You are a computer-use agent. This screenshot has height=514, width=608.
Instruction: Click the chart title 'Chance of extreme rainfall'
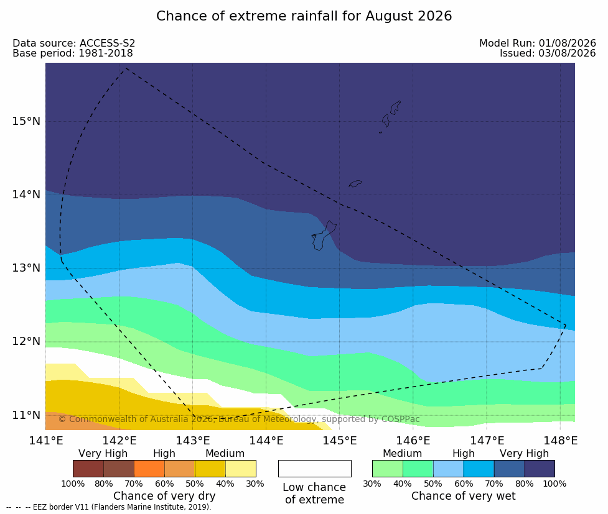pyautogui.click(x=259, y=16)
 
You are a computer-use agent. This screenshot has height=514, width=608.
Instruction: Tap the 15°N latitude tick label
pyautogui.click(x=26, y=121)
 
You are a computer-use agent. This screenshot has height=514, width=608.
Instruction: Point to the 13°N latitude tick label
pyautogui.click(x=26, y=268)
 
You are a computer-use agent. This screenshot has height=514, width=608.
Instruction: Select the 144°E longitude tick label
pyautogui.click(x=266, y=441)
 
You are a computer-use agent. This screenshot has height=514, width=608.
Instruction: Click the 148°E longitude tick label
pyautogui.click(x=560, y=441)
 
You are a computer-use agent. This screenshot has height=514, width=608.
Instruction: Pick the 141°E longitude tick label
pyautogui.click(x=46, y=441)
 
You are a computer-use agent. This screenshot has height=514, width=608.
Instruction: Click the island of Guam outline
pyautogui.click(x=324, y=236)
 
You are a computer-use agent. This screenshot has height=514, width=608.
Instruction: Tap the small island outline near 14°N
pyautogui.click(x=355, y=183)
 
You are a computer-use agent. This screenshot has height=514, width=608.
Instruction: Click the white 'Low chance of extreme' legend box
pyautogui.click(x=315, y=469)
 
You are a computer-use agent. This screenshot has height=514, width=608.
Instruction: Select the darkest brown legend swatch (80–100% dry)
pyautogui.click(x=88, y=469)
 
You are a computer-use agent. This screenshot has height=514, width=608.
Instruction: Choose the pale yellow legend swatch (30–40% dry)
pyautogui.click(x=240, y=469)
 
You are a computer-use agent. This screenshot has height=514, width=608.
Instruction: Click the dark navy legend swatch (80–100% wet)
pyautogui.click(x=540, y=469)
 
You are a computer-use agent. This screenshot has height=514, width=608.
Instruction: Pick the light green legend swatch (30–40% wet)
pyautogui.click(x=388, y=469)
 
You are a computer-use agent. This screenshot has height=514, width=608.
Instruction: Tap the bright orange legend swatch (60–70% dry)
pyautogui.click(x=149, y=469)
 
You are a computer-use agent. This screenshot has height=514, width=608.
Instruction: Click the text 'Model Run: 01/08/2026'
pyautogui.click(x=538, y=44)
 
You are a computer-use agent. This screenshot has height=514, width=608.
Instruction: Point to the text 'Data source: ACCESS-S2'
pyautogui.click(x=73, y=44)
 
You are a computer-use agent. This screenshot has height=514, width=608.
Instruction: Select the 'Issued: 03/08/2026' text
pyautogui.click(x=548, y=53)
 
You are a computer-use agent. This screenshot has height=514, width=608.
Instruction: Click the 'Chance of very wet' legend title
pyautogui.click(x=464, y=496)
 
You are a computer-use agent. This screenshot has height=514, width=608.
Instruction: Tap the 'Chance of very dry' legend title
pyautogui.click(x=164, y=496)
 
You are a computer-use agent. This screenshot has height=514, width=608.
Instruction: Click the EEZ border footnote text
pyautogui.click(x=109, y=507)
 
